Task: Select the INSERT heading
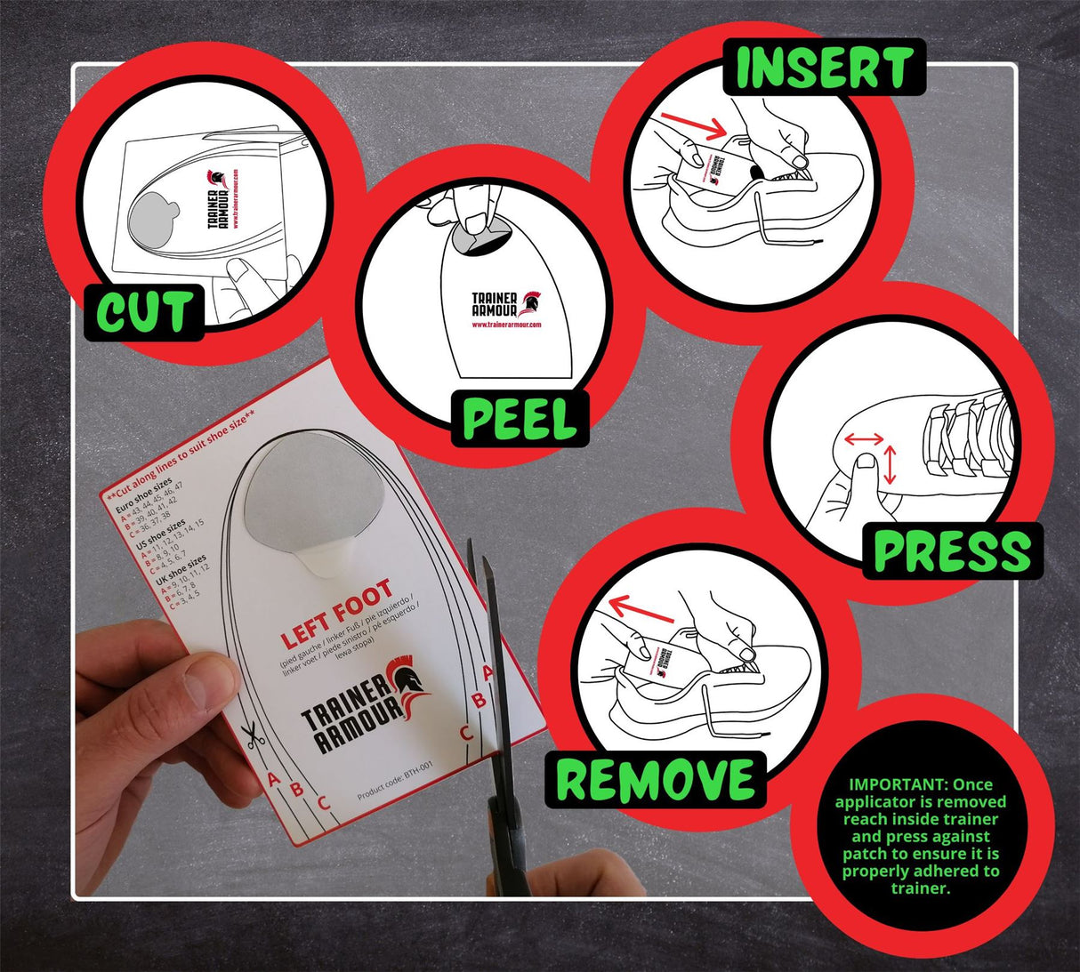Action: tap(824, 68)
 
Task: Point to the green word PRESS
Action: tap(951, 551)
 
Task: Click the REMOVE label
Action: tap(656, 780)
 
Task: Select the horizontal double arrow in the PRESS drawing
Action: tap(864, 438)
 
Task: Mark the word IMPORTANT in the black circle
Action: tap(896, 784)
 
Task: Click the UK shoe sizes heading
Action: tap(181, 570)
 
